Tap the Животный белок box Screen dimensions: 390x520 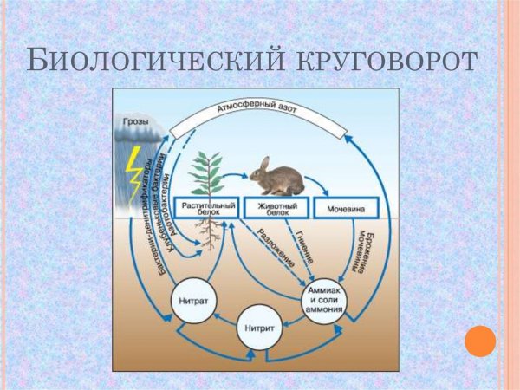click(273, 209)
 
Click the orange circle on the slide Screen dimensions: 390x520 click(478, 341)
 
